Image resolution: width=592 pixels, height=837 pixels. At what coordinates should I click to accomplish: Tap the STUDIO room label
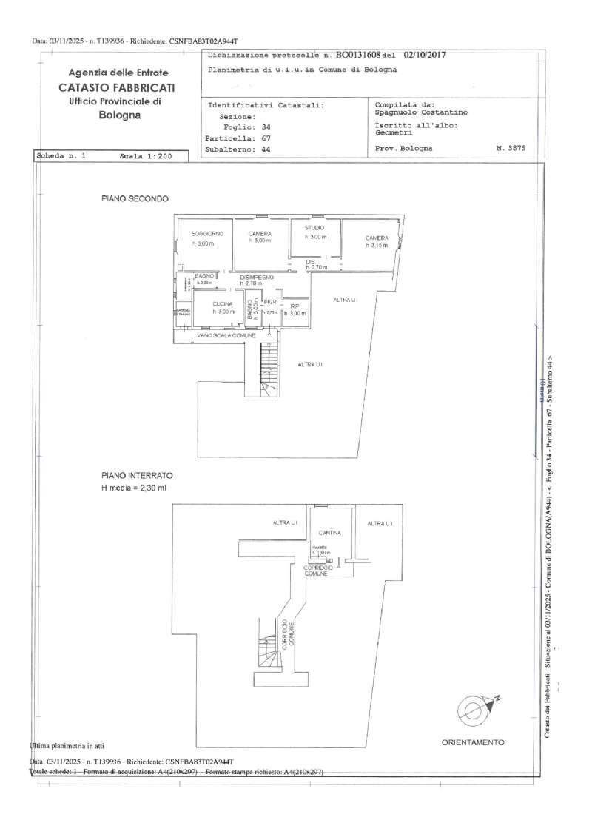[314, 227]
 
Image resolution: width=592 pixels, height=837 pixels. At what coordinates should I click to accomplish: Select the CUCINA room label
[222, 303]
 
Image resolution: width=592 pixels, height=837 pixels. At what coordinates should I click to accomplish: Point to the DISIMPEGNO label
[257, 276]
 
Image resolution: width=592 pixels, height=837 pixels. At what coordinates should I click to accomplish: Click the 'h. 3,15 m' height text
[376, 245]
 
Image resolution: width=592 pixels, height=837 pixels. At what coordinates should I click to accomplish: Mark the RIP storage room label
[295, 306]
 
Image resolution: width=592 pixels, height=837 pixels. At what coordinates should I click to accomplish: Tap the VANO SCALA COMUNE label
[226, 336]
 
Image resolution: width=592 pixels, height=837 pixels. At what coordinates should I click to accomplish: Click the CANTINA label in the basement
[329, 533]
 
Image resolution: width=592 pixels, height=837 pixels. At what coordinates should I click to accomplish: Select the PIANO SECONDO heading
[135, 199]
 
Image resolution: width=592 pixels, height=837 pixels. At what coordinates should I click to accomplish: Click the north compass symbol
[474, 710]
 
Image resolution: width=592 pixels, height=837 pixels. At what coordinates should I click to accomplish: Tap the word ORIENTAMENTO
[473, 742]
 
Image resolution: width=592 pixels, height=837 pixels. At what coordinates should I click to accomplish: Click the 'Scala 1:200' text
[145, 157]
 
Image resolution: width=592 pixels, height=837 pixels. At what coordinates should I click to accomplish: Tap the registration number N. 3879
[511, 148]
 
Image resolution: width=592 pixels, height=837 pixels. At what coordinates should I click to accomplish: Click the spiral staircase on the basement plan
[264, 651]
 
